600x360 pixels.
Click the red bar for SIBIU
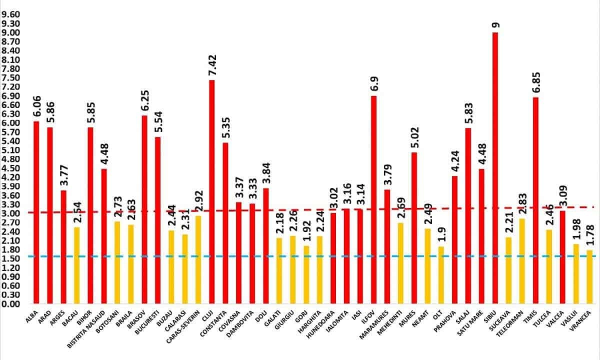[495, 168]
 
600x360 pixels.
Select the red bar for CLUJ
[211, 192]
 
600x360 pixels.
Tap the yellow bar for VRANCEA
[589, 277]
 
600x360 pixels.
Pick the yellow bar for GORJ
[306, 275]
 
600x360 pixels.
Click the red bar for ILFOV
[373, 200]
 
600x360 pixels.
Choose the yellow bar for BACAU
[76, 265]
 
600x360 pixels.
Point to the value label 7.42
[212, 65]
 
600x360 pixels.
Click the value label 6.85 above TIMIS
[536, 82]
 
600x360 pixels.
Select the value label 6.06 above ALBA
[37, 106]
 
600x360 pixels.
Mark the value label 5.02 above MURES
[415, 137]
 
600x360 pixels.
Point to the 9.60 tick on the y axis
[10, 14]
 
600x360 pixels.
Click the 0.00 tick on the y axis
[10, 304]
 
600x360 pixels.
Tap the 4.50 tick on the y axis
[10, 168]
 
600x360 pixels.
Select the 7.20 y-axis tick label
[10, 87]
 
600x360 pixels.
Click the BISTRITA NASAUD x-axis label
[85, 329]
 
